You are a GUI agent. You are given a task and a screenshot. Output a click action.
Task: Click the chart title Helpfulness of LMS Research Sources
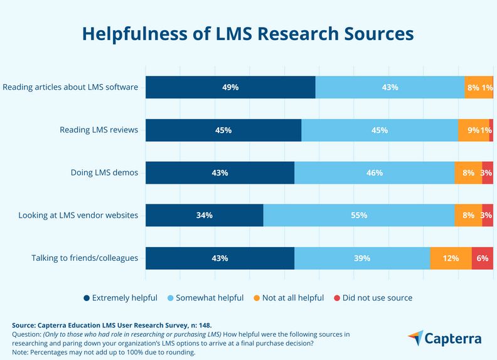[x=248, y=33]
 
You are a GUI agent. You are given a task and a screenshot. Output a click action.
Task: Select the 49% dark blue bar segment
[x=230, y=87]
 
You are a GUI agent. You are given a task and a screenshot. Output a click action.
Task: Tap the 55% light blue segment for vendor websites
[x=359, y=215]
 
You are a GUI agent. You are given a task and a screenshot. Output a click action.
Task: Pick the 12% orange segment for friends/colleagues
[x=451, y=258]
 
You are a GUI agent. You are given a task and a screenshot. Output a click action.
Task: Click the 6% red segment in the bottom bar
[x=482, y=258]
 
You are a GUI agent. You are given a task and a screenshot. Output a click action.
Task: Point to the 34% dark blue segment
[x=205, y=215]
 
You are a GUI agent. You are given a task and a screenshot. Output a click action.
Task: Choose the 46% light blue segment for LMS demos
[x=375, y=172]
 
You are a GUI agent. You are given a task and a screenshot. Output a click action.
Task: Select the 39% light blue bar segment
[x=362, y=258]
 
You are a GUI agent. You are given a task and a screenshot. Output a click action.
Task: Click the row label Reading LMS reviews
[x=99, y=130]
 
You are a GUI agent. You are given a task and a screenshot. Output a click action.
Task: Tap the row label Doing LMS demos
[x=105, y=172]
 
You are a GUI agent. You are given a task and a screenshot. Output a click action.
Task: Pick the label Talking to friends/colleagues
[x=85, y=258]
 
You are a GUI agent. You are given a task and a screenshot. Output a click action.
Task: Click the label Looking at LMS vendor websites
[x=78, y=215]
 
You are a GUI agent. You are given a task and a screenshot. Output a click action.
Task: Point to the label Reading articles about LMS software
[x=70, y=87]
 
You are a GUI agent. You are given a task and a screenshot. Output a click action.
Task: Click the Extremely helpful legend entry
[x=120, y=297]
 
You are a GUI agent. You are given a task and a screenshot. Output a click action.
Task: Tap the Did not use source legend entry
[x=373, y=297]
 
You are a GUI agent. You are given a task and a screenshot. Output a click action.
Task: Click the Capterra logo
[x=445, y=339]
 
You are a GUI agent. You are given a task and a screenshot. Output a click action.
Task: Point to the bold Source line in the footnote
[x=112, y=325]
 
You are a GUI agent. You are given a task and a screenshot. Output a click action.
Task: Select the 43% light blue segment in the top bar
[x=390, y=87]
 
